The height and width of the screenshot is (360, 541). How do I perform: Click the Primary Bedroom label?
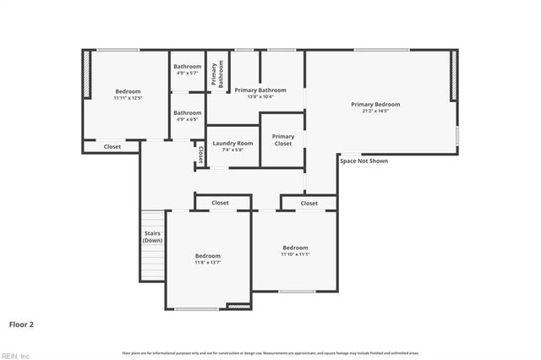pos(375,104)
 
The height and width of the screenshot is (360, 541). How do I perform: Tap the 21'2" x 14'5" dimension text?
pos(375,111)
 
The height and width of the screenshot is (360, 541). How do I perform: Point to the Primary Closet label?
pos(283,139)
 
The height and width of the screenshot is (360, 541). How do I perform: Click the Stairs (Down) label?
pos(152,237)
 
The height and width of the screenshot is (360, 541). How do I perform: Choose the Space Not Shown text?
pos(363,161)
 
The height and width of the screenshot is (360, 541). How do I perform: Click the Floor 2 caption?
pos(21,324)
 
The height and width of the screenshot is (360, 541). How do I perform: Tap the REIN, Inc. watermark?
pos(17,355)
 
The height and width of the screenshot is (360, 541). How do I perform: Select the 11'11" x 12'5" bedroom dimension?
pos(128,98)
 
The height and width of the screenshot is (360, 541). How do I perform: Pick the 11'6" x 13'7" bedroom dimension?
pos(208,263)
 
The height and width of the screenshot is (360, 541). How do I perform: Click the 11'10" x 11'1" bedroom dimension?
pos(296,254)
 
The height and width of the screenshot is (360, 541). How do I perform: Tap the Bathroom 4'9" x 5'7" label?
pos(188,70)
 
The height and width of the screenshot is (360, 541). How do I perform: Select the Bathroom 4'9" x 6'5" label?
pos(188,116)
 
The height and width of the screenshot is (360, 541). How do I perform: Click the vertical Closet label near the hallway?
pos(200,155)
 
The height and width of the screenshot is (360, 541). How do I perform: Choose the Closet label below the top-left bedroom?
pos(112,147)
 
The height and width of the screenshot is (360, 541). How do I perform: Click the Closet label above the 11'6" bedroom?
pos(220,203)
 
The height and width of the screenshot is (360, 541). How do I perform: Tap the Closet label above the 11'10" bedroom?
pos(309,203)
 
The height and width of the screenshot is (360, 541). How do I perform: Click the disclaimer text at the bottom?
pos(270,352)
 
